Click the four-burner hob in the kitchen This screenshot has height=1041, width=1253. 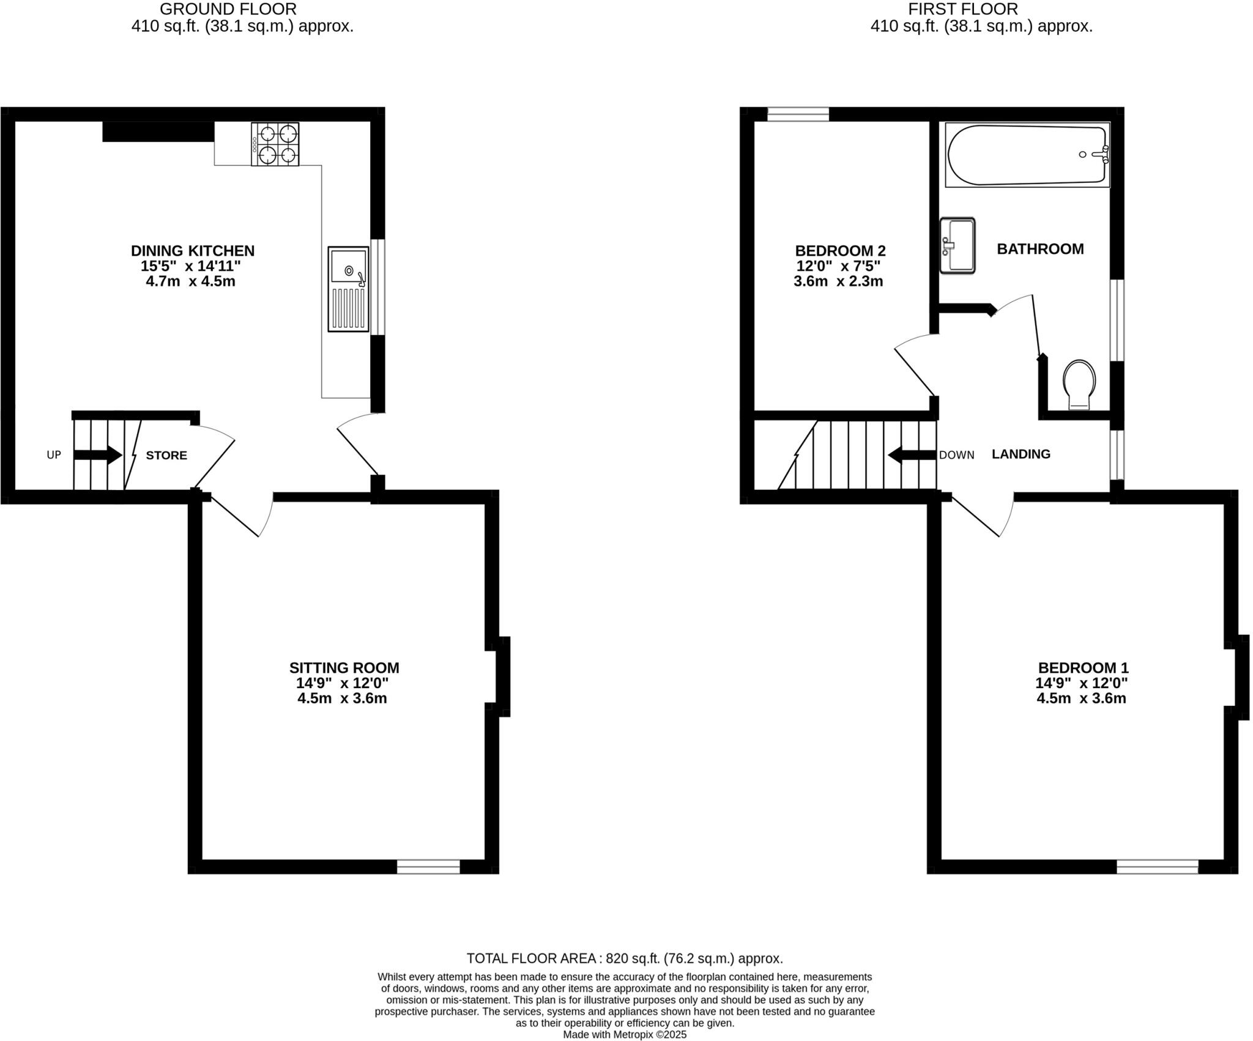[275, 144]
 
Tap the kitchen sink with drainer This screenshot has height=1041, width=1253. [348, 289]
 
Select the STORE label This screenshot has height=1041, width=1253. [166, 456]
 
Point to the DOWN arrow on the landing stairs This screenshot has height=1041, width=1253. [912, 455]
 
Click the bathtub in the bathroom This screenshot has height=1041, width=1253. [1027, 155]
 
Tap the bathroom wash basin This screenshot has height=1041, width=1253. [957, 245]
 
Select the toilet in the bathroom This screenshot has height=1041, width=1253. [1079, 383]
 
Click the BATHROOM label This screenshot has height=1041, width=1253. [1040, 249]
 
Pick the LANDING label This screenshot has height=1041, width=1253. [1021, 454]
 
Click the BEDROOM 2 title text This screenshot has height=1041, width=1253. [840, 251]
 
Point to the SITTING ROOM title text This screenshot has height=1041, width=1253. [344, 668]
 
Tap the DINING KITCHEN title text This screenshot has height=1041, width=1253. [192, 251]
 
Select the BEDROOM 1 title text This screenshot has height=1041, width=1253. [1083, 668]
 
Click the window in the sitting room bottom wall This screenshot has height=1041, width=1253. [428, 866]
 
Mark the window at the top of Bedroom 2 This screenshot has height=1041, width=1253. [798, 114]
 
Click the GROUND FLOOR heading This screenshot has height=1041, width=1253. [228, 9]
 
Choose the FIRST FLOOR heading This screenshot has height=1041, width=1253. [962, 9]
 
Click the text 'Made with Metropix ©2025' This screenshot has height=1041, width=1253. [625, 1034]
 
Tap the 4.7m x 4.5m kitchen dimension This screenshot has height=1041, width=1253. [190, 281]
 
